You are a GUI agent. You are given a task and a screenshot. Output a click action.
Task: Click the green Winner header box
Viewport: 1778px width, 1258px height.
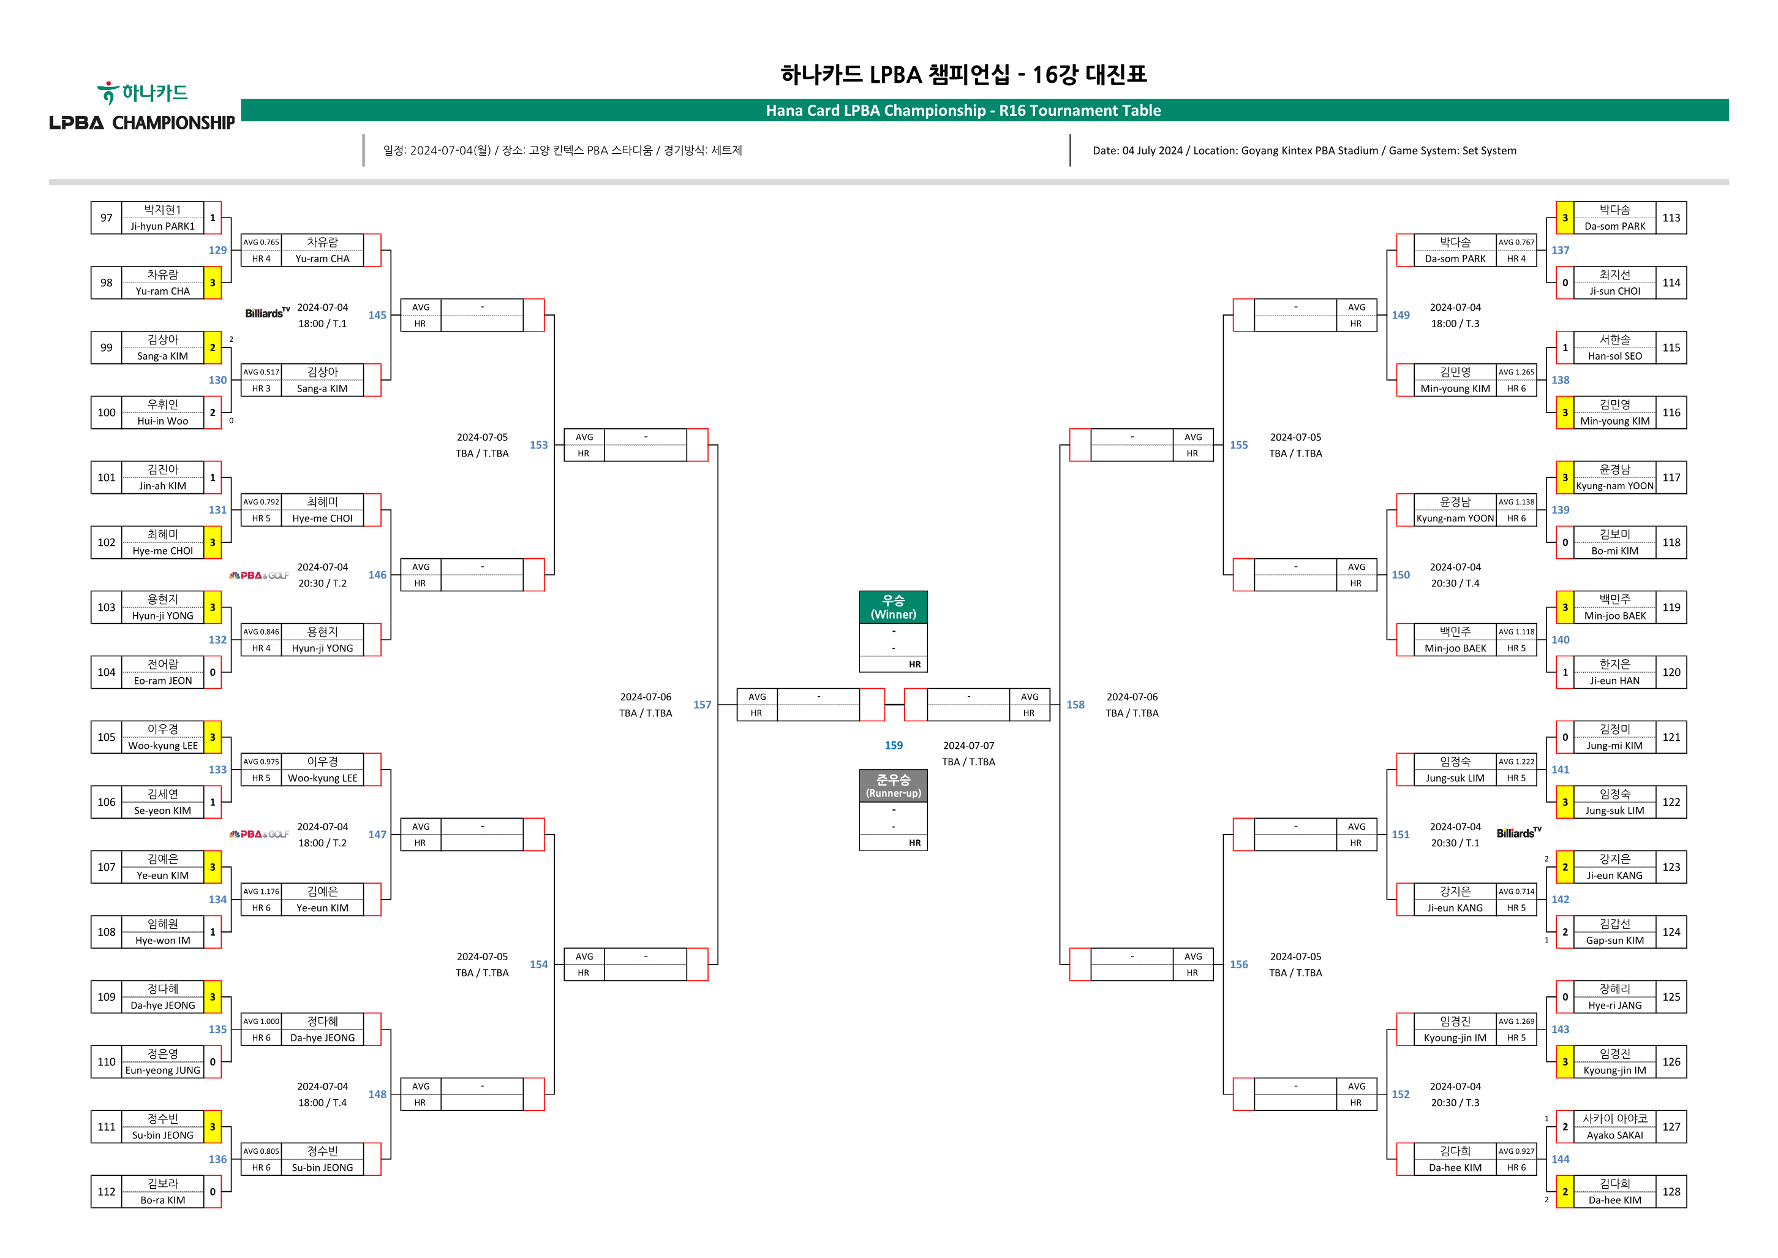[x=893, y=607]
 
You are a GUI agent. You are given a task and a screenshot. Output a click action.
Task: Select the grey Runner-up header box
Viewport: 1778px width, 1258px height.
[x=893, y=786]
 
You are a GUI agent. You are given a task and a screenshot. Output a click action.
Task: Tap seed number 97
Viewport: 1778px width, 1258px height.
[x=106, y=218]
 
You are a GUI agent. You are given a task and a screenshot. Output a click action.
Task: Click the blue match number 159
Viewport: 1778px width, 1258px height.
[x=893, y=745]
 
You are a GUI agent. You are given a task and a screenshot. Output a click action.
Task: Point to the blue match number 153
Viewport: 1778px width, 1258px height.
[x=538, y=445]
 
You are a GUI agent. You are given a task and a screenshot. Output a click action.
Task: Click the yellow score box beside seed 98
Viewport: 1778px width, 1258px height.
[x=212, y=282]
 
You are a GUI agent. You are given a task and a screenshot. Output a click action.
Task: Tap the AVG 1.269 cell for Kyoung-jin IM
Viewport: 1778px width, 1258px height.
[x=1515, y=1021]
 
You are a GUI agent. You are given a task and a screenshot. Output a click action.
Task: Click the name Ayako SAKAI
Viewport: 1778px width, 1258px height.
[x=1614, y=1135]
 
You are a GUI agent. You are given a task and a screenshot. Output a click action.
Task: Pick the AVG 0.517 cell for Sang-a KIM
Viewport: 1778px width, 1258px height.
[x=261, y=372]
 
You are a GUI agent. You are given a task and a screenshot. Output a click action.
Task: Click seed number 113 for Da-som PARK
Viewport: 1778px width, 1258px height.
[x=1671, y=218]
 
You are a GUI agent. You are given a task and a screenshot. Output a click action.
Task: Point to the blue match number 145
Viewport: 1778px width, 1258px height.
[x=377, y=316]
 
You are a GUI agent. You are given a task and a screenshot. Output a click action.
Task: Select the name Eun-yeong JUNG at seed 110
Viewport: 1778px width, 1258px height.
[x=163, y=1070]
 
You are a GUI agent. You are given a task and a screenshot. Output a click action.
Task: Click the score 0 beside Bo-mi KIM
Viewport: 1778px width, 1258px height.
[x=1565, y=542]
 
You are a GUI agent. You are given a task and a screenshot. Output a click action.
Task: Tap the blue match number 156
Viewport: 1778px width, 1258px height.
[x=1239, y=964]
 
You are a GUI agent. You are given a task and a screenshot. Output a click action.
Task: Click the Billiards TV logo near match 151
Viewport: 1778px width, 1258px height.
[x=1518, y=833]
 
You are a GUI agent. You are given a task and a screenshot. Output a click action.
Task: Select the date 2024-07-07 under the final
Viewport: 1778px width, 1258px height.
[x=968, y=745]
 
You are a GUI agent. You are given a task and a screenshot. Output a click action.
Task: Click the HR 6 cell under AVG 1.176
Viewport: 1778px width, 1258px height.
[x=261, y=908]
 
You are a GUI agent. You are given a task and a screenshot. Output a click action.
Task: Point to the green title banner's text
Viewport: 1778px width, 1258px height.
[x=963, y=110]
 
